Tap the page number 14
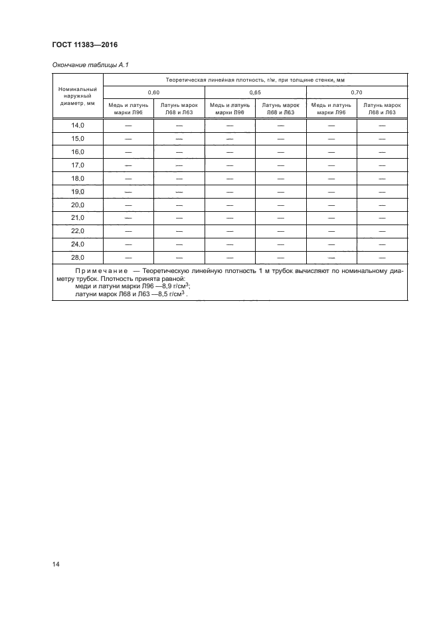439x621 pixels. pyautogui.click(x=56, y=565)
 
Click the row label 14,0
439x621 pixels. pyautogui.click(x=78, y=126)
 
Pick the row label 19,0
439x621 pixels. pyautogui.click(x=78, y=191)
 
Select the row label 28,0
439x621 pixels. pyautogui.click(x=78, y=257)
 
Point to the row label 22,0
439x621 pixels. pyautogui.click(x=78, y=230)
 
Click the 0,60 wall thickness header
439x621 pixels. pyautogui.click(x=153, y=92)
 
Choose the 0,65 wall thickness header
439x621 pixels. pyautogui.click(x=255, y=92)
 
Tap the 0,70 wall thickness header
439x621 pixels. pyautogui.click(x=357, y=92)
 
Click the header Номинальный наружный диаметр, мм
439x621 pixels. pyautogui.click(x=78, y=96)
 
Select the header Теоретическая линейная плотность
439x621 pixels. pyautogui.click(x=255, y=79)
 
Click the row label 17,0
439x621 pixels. pyautogui.click(x=78, y=165)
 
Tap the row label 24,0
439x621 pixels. pyautogui.click(x=78, y=244)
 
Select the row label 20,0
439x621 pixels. pyautogui.click(x=78, y=205)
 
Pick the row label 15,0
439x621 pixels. pyautogui.click(x=78, y=139)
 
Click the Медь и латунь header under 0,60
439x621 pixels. pyautogui.click(x=128, y=108)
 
